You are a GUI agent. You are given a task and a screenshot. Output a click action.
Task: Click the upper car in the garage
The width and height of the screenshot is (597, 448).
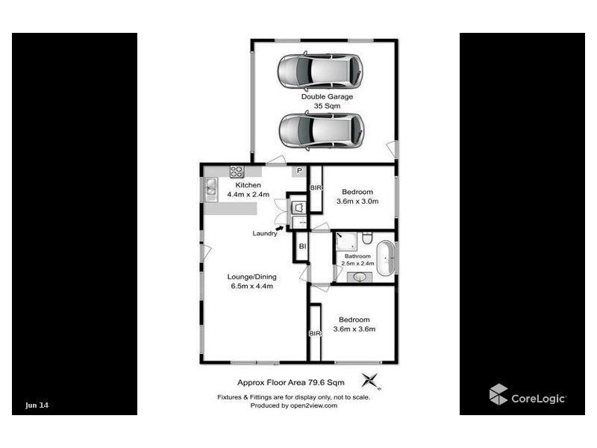[321, 72]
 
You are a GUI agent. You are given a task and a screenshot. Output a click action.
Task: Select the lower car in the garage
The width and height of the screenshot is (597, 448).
[321, 131]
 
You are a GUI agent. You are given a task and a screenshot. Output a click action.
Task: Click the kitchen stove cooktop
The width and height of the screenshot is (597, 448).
[237, 171]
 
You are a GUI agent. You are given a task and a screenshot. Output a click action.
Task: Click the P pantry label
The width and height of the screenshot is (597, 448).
[298, 171]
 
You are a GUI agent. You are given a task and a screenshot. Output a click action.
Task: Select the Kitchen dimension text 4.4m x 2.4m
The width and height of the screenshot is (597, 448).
[248, 195]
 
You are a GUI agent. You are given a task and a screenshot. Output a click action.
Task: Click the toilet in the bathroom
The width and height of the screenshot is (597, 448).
[367, 239]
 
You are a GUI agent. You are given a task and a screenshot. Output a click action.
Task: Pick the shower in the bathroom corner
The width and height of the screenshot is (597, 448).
[346, 242]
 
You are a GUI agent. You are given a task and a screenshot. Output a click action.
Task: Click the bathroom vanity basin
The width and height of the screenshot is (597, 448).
[360, 277]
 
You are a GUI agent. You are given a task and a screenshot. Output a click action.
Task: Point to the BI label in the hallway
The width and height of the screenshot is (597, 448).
[301, 246]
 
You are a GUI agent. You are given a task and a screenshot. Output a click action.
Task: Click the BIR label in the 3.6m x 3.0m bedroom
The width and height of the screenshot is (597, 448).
[315, 187]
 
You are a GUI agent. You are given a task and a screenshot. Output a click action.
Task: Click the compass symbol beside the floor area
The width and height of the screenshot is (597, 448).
[370, 380]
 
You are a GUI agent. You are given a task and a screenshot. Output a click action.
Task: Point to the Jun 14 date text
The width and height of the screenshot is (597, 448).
[37, 405]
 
